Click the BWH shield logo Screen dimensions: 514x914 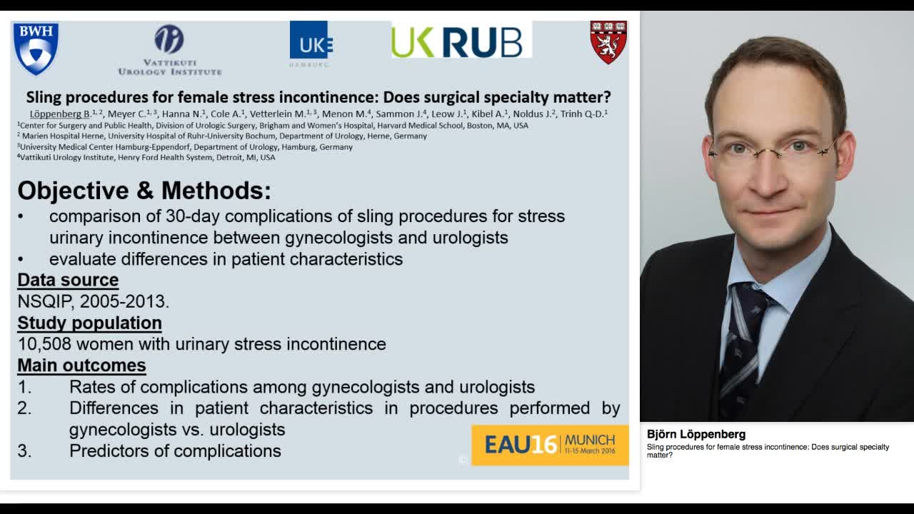(36, 48)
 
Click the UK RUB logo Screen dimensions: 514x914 (461, 41)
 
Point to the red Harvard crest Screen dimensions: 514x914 (608, 42)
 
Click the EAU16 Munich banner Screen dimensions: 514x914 (550, 445)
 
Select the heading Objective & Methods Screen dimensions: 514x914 (144, 191)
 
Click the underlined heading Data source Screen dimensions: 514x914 (68, 280)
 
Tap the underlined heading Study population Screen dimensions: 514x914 (89, 323)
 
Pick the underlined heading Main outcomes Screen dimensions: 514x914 (81, 366)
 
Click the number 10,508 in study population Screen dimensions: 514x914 (44, 344)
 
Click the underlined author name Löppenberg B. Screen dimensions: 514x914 (60, 114)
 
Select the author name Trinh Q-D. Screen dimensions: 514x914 (582, 114)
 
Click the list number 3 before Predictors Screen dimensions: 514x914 (24, 451)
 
